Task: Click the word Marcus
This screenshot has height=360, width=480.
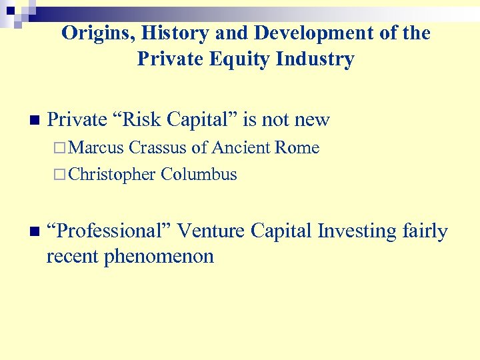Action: (97, 148)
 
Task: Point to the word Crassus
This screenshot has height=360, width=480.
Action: (159, 148)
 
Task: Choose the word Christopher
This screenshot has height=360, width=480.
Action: (112, 175)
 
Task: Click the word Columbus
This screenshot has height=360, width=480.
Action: (199, 175)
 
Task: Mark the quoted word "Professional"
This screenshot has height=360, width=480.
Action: (113, 231)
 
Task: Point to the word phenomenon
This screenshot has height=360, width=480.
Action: (157, 257)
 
